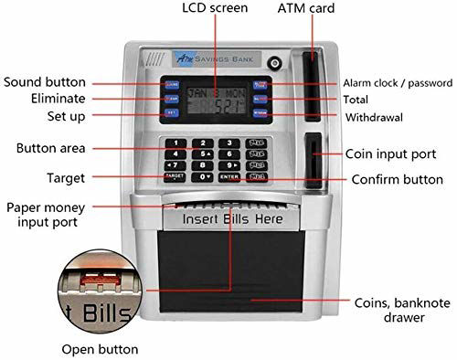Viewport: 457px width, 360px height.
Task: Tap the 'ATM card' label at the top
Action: pos(305,9)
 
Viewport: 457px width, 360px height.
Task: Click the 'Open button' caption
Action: pos(100,348)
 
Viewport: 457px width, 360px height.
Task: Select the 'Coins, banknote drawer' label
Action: pos(390,310)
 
